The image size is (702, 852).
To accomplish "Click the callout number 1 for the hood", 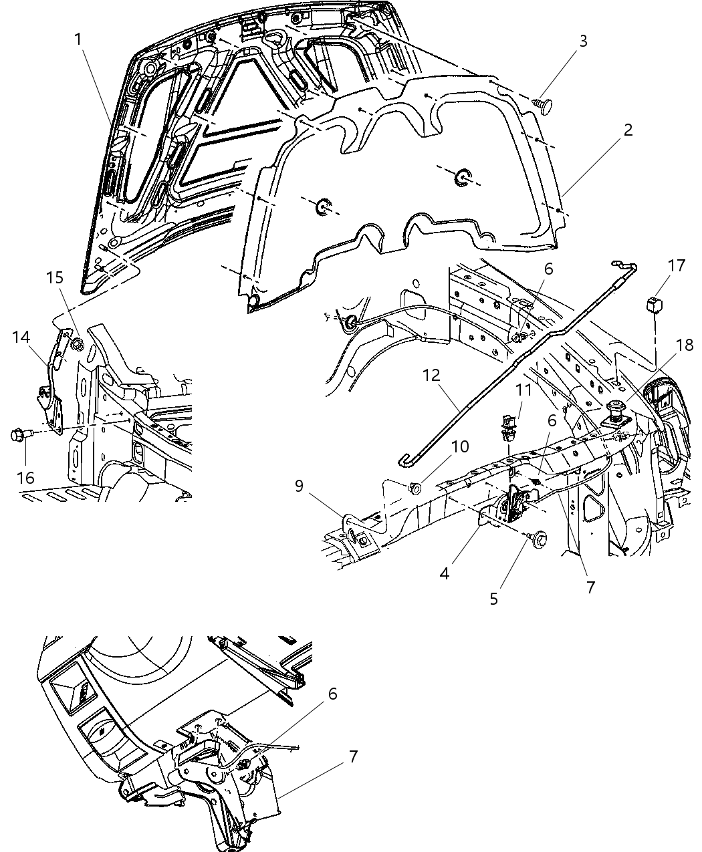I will [78, 39].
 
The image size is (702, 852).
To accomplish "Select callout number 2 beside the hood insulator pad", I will [628, 130].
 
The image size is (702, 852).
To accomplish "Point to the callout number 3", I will [582, 41].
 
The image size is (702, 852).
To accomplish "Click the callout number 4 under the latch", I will [445, 573].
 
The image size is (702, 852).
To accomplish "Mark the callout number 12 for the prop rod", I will [431, 375].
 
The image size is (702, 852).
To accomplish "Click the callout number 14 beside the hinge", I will [21, 337].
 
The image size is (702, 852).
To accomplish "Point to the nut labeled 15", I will [77, 345].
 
